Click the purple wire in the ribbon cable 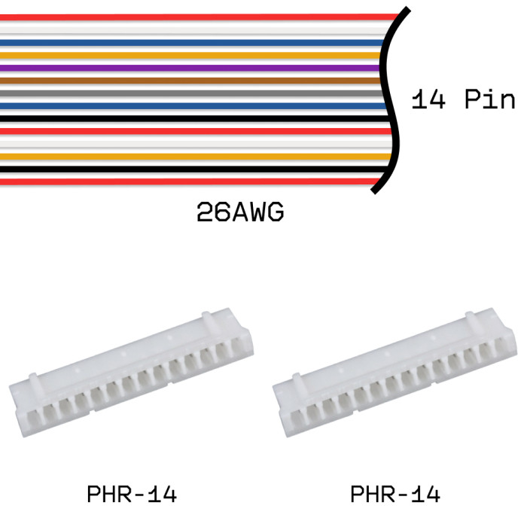coord(190,69)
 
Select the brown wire coord(190,81)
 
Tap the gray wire coord(191,93)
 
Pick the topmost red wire coord(200,17)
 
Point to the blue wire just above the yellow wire coord(192,43)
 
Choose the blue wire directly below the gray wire coord(193,106)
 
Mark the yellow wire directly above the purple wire coord(190,56)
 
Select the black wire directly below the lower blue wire coord(195,119)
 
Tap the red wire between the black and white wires coord(196,131)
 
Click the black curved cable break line coord(390,101)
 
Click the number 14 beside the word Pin coord(428,99)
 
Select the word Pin coord(489,99)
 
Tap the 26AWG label coord(240,212)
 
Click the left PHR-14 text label coord(132,494)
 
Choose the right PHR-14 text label coord(395,494)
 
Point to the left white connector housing coord(132,373)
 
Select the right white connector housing coord(395,373)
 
